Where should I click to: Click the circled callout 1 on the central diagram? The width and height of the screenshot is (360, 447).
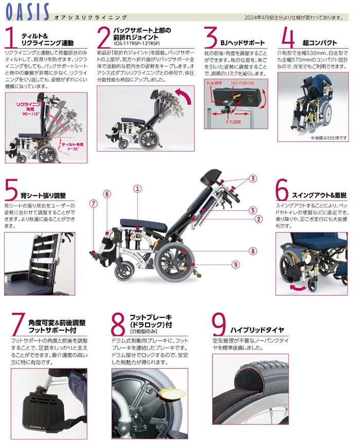point(138,189)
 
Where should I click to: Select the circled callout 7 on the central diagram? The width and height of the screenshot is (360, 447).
point(93,203)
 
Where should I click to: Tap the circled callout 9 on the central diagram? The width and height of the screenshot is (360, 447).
point(236,265)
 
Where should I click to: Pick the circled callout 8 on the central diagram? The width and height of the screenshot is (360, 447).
point(253,251)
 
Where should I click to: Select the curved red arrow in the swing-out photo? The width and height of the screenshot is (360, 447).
point(297,288)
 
